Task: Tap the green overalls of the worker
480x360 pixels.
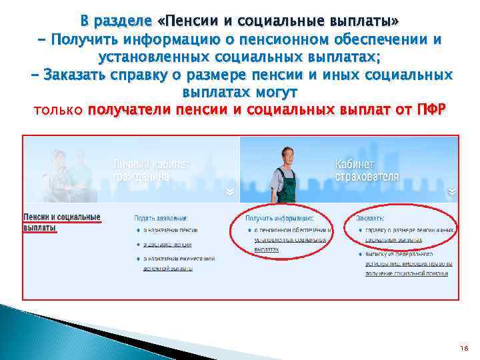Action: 286,187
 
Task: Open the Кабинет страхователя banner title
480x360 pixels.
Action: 367,171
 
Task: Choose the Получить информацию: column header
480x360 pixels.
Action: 279,219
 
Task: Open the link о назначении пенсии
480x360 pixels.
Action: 170,231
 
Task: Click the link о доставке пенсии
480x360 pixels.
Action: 168,244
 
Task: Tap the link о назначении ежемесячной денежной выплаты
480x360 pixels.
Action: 177,258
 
